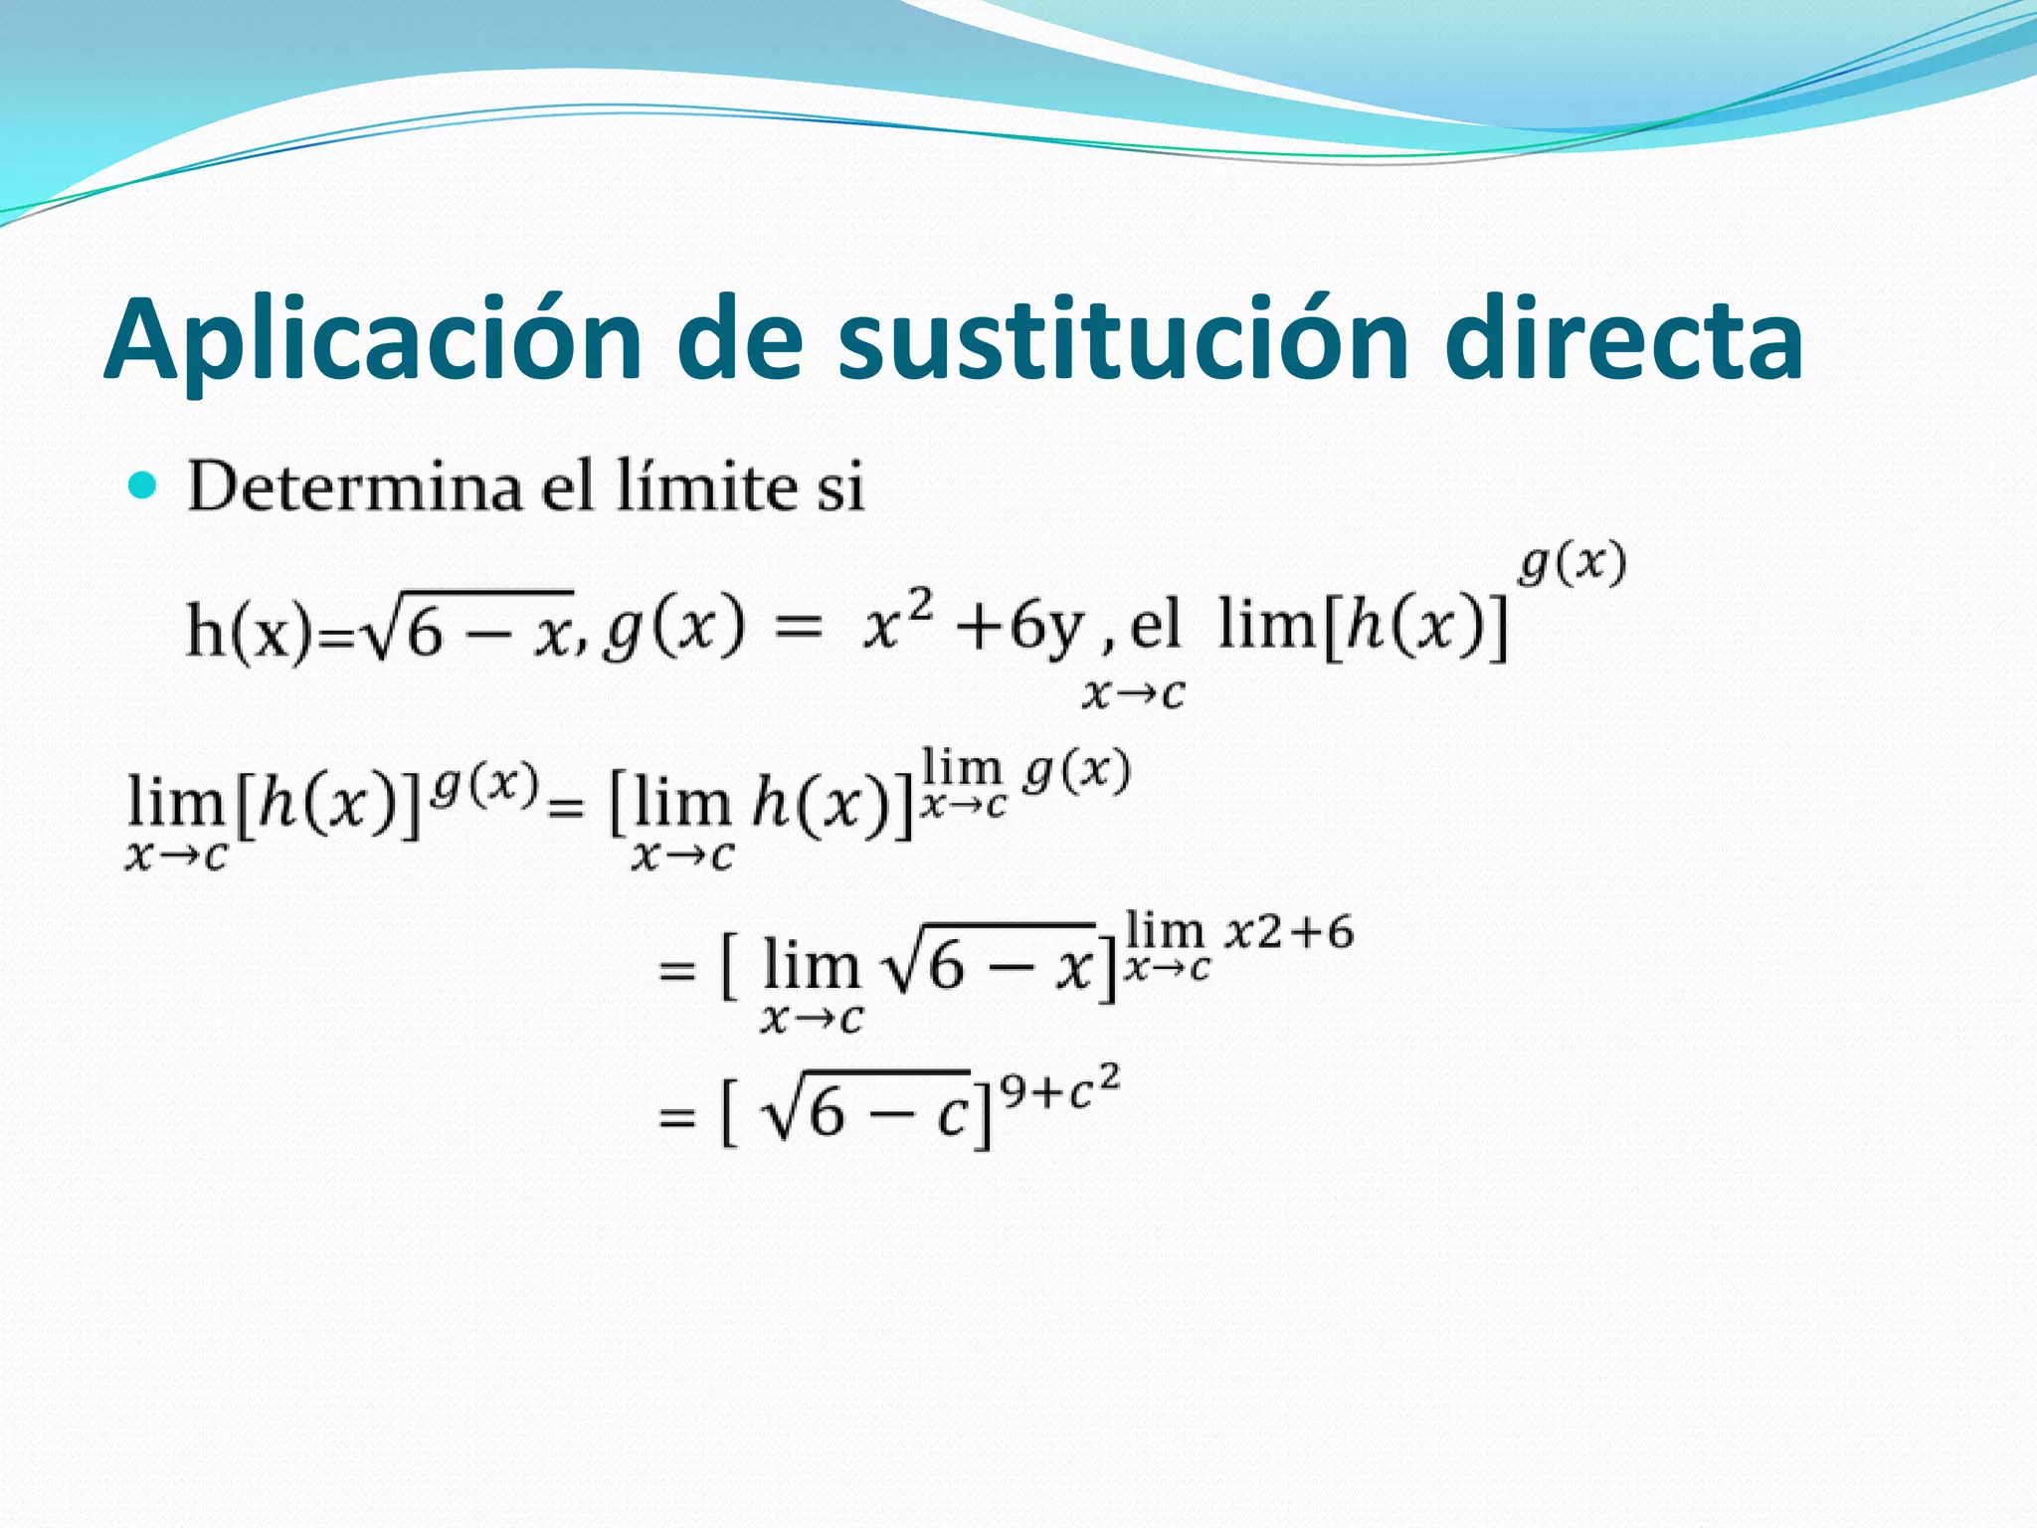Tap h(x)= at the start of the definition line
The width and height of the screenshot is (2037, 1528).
pos(269,631)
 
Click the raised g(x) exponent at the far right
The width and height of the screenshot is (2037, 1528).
pos(1572,564)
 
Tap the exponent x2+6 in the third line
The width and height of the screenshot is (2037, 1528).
pos(1290,932)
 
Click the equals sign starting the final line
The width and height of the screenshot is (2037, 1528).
pos(676,1116)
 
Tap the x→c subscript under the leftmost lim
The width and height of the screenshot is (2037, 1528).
pos(176,856)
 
